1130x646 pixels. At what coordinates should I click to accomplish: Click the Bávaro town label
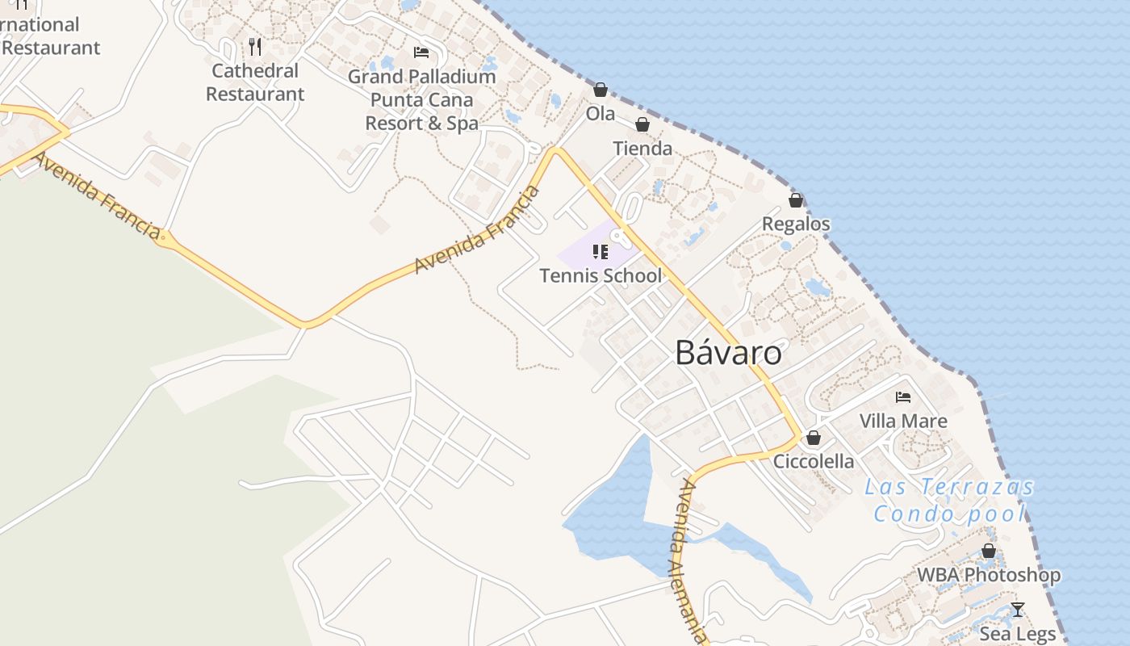[728, 353]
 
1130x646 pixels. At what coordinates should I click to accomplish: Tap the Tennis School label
[601, 275]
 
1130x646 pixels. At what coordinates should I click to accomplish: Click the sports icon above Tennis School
[600, 252]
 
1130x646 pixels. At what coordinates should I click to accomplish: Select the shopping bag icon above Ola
[601, 90]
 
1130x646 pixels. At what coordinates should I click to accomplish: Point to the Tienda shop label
[642, 149]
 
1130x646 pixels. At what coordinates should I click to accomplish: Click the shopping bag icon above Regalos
[796, 200]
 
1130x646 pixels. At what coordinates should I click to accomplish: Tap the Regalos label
[796, 224]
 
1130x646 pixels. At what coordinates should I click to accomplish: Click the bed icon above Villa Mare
[903, 397]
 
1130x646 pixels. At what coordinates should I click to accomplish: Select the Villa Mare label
[903, 421]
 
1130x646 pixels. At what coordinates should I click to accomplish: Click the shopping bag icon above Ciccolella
[814, 438]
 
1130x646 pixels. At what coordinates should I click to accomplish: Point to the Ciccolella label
[814, 461]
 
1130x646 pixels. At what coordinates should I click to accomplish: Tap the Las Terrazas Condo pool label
[949, 500]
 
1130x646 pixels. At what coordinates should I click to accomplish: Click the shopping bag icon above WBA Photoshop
[989, 552]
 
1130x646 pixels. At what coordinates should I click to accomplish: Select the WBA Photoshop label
[989, 575]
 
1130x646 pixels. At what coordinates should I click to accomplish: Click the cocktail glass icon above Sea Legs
[1018, 610]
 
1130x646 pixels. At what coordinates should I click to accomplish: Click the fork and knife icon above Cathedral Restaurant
[255, 47]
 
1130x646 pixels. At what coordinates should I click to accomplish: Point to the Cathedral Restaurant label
[255, 82]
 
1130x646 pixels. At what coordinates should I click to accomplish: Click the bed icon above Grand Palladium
[421, 52]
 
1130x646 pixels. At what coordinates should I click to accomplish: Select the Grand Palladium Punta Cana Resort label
[421, 100]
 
